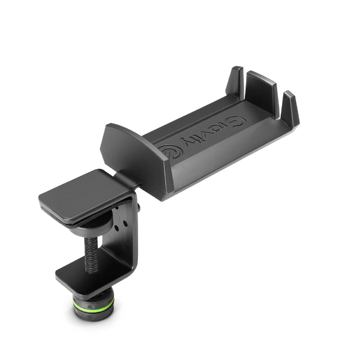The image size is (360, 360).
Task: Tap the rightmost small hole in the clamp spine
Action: (x=126, y=224)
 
